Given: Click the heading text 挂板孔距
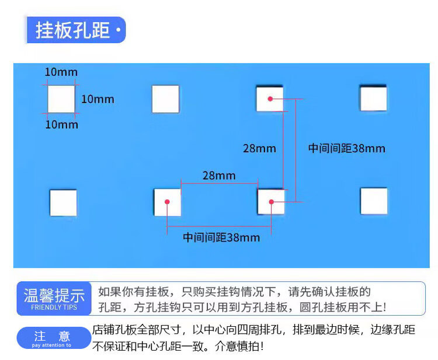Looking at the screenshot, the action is click(72, 30).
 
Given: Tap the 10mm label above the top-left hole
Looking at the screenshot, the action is click(61, 72).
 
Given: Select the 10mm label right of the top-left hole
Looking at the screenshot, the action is click(98, 99).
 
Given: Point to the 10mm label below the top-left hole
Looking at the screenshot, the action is click(61, 124).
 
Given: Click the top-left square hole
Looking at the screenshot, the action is click(61, 99).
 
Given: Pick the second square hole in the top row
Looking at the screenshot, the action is click(165, 99).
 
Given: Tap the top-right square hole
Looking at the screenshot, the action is click(373, 98).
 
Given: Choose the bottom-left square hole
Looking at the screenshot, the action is click(63, 202).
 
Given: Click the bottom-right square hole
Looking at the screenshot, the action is click(374, 201).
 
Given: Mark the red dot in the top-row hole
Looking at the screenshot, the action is click(270, 99).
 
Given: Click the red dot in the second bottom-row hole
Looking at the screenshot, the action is click(167, 202).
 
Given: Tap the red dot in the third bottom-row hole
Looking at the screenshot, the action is click(272, 202).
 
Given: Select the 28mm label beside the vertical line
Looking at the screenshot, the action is click(259, 148).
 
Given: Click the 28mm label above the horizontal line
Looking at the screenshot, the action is click(219, 175).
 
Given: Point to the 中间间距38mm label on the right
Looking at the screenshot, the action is click(347, 148).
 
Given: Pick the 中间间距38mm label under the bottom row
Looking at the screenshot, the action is click(221, 237).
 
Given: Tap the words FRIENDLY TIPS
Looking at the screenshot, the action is click(54, 307).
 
